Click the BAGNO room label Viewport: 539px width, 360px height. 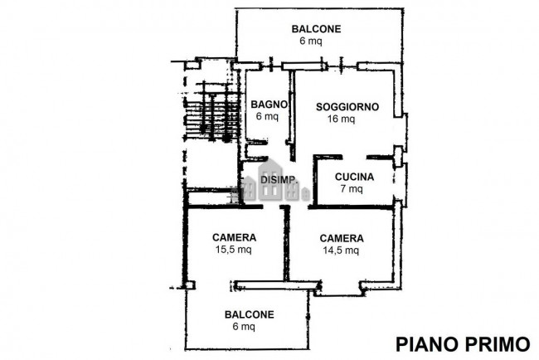coord(269,105)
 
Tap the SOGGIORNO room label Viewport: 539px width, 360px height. coord(347,106)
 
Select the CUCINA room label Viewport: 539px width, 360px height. coord(354,177)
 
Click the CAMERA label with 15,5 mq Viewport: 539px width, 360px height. coord(233,236)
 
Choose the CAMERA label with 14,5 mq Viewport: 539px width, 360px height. coord(340,236)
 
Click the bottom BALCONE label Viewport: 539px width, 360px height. coord(249,314)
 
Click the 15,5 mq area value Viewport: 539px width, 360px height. coord(233,250)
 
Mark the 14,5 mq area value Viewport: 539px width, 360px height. coord(340,250)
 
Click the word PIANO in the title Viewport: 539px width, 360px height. coord(425,343)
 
